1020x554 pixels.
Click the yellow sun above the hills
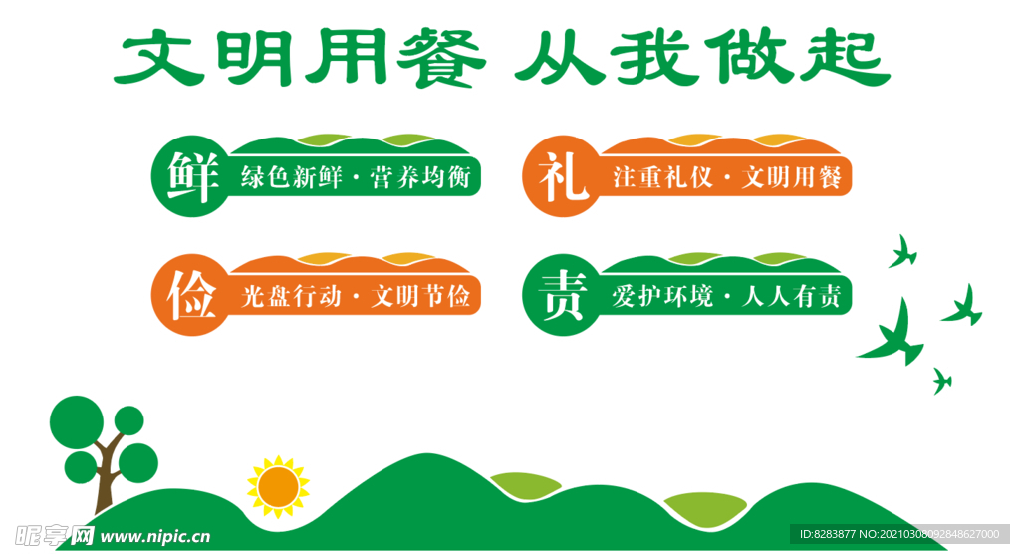click(278, 486)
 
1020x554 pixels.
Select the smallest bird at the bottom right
click(940, 380)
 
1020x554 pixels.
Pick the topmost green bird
click(902, 251)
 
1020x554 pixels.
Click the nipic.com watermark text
click(154, 536)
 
